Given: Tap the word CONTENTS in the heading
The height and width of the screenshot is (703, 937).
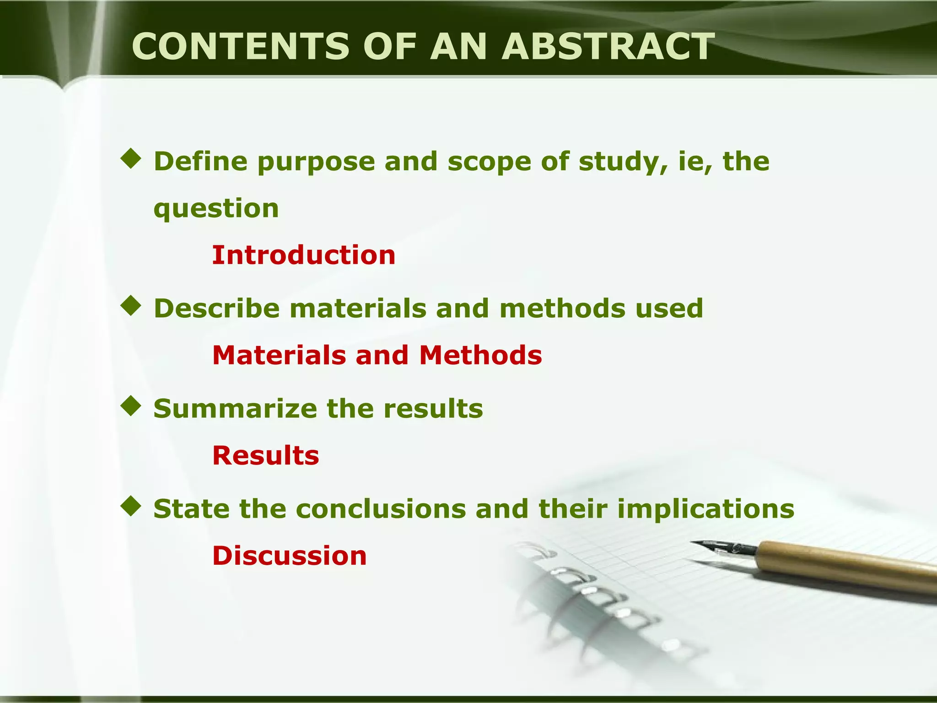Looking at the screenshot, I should [x=241, y=47].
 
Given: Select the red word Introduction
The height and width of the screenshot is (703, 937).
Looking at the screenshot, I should [x=304, y=255].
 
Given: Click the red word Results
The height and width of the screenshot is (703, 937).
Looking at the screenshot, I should [x=266, y=455].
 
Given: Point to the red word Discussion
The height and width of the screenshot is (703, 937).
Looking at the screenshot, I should [x=290, y=556].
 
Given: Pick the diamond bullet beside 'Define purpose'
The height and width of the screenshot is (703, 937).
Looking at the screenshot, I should [x=131, y=159].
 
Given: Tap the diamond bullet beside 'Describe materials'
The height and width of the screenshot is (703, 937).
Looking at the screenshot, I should [x=131, y=306].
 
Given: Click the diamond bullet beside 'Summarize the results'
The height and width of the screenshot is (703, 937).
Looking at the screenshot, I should [x=131, y=406].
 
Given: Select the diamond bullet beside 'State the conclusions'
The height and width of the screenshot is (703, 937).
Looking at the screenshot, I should [x=131, y=506].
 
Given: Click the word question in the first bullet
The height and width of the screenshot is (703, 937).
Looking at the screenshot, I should [x=216, y=209].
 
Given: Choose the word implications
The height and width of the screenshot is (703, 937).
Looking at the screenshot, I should [x=705, y=509].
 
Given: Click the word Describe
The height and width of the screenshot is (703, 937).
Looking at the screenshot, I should [x=217, y=308].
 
